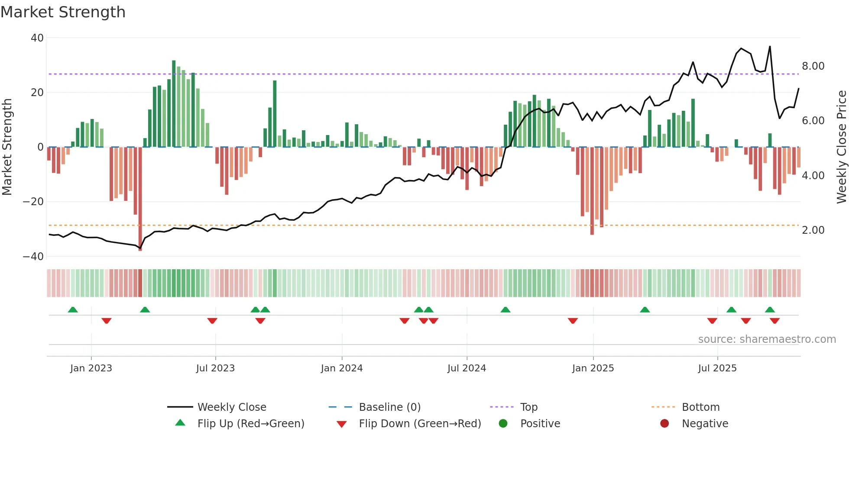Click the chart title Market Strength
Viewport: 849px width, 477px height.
pos(63,12)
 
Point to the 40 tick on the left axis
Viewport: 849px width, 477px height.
pos(37,38)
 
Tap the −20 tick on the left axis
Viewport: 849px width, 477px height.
pos(33,202)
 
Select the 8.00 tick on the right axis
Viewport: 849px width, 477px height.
pos(813,66)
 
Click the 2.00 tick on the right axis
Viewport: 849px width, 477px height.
pos(813,230)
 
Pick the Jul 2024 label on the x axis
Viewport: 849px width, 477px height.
pos(467,368)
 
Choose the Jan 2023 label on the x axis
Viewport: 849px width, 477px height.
pos(91,368)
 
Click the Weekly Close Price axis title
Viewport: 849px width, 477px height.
pos(841,147)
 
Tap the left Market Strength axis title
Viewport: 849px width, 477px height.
pos(7,147)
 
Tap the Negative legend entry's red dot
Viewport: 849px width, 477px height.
pos(664,424)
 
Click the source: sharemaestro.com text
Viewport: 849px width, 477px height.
pos(767,339)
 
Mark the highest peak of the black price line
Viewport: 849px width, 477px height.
pos(770,46)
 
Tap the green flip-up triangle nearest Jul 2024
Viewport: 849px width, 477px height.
pos(505,309)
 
